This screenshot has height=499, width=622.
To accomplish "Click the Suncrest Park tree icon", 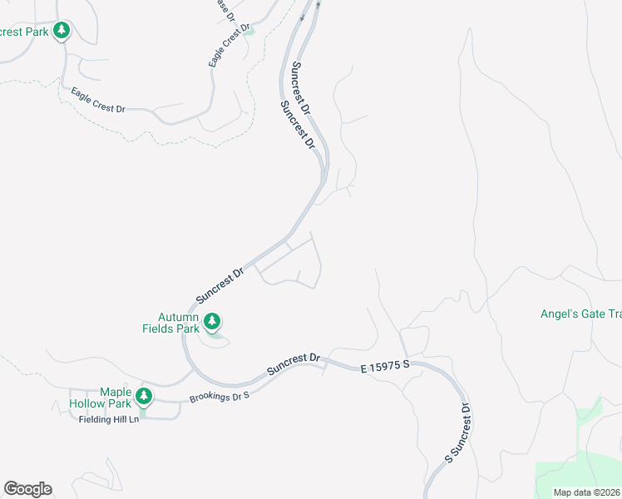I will (61, 32).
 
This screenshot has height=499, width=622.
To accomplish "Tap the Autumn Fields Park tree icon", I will (212, 321).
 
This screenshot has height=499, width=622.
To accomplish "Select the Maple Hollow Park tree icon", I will (145, 396).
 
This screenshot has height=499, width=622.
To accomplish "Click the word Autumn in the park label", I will (179, 317).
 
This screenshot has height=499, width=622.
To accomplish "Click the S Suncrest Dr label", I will (457, 432).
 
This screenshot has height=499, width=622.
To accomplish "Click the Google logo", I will (27, 489).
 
